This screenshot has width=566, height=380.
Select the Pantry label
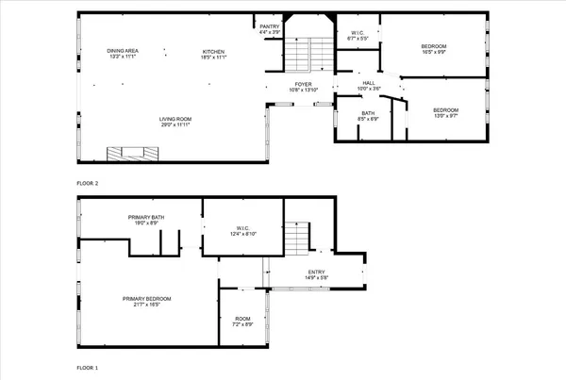click(270, 28)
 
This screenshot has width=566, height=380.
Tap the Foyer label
click(303, 87)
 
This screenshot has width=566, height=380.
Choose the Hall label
click(370, 87)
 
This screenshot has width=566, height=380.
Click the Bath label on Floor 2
click(368, 116)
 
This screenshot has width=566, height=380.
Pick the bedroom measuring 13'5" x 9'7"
click(445, 113)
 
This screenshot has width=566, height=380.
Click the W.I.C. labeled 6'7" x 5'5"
click(358, 35)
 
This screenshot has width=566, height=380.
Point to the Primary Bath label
click(146, 220)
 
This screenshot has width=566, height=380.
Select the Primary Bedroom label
click(146, 301)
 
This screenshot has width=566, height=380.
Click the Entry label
click(315, 275)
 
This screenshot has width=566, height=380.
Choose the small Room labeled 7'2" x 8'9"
click(242, 321)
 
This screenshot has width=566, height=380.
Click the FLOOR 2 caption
click(88, 183)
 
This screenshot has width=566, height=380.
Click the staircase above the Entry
click(297, 235)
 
